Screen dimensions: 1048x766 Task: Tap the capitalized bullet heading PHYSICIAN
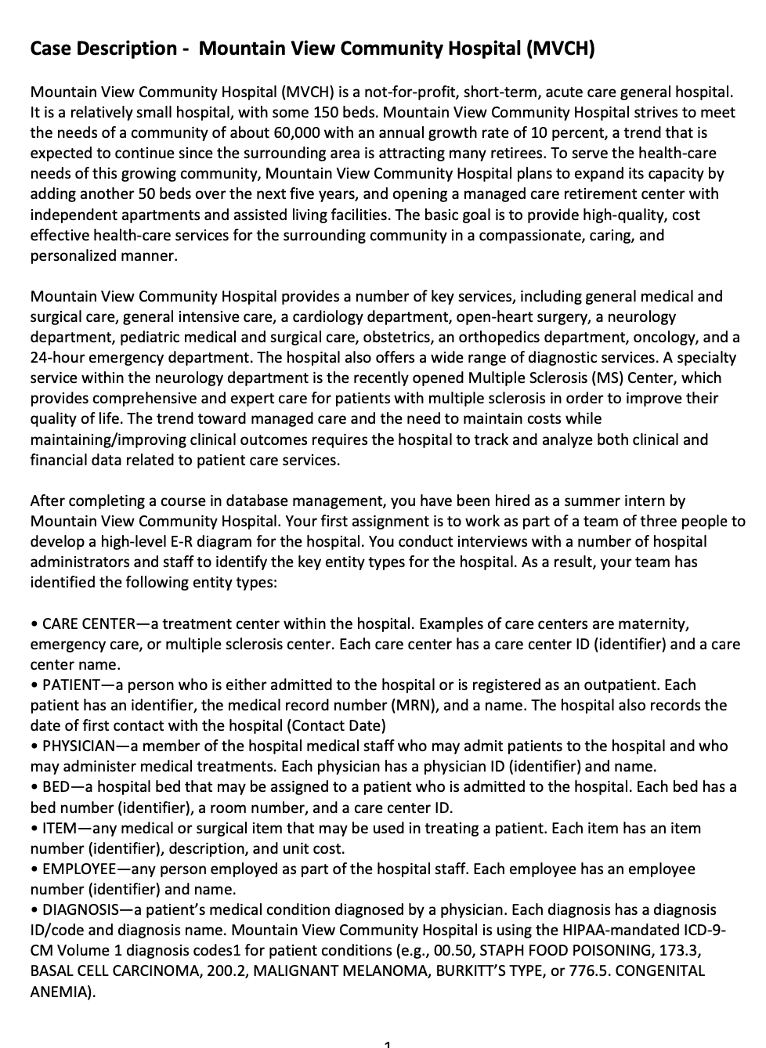pos(79,746)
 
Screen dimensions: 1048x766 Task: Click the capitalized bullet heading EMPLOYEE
pos(78,869)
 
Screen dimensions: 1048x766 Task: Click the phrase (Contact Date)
pos(337,725)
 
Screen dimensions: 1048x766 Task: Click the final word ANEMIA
pos(60,991)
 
